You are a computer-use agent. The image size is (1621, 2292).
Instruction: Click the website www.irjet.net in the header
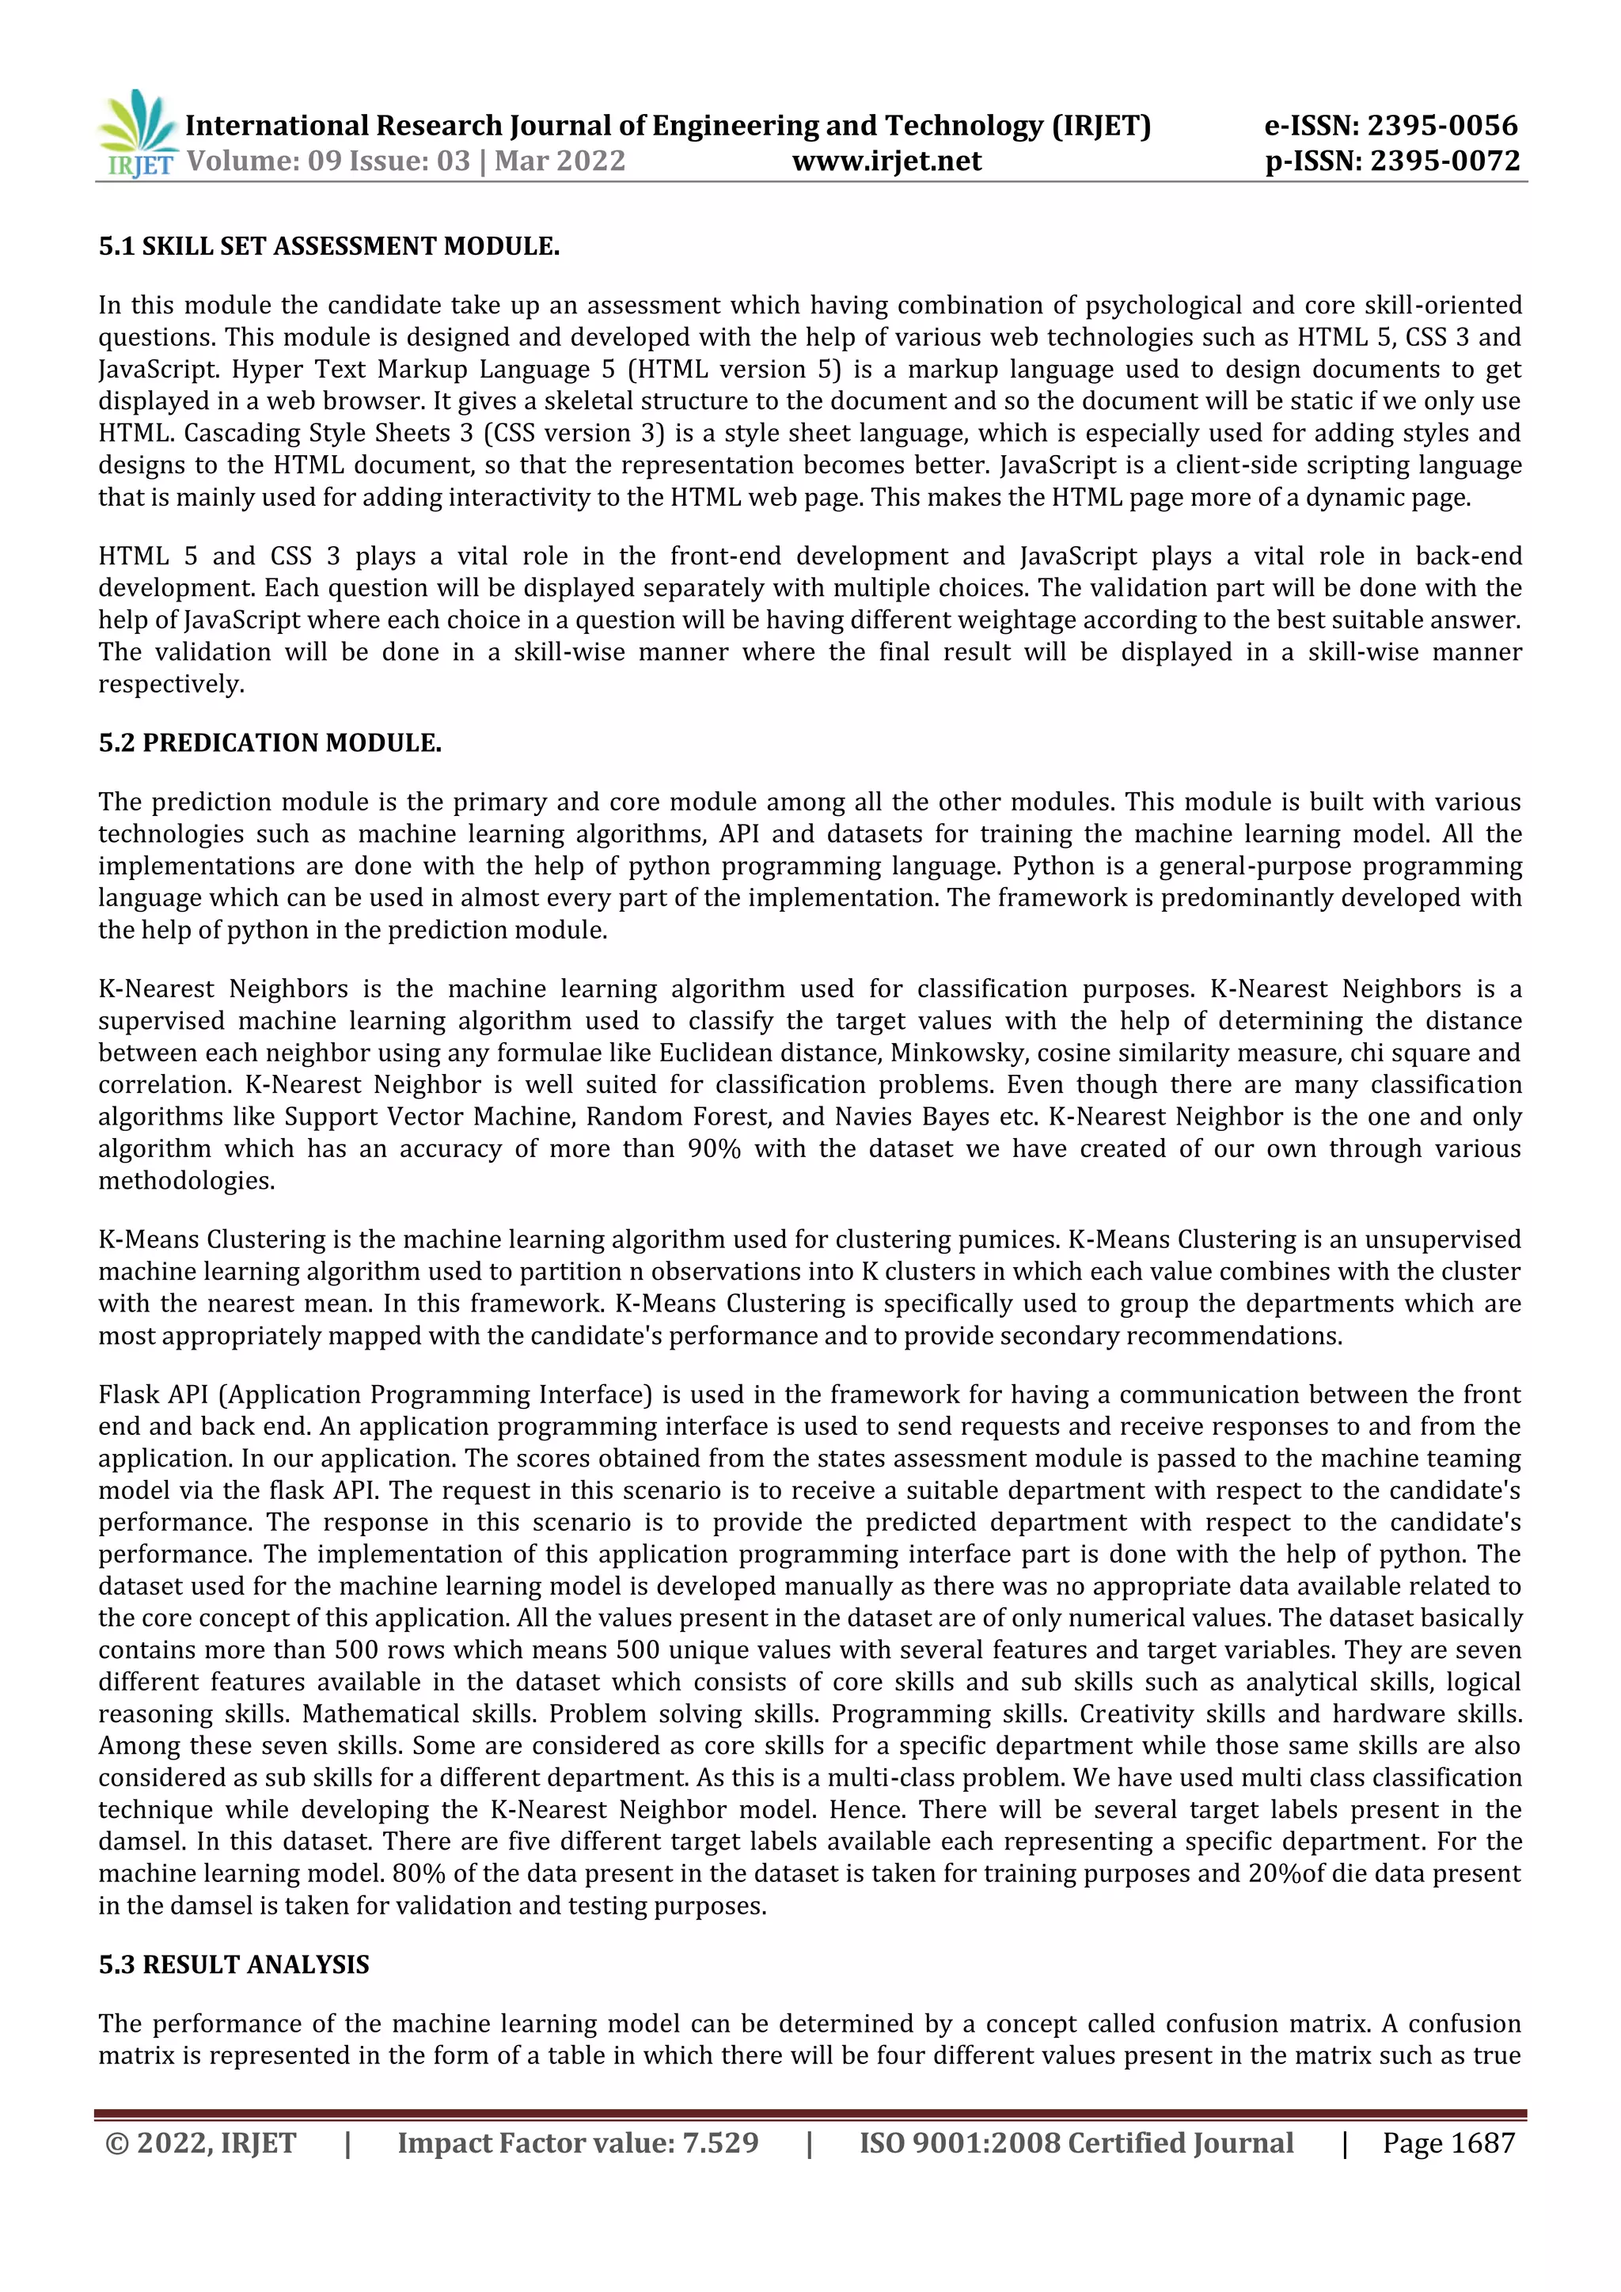(886, 161)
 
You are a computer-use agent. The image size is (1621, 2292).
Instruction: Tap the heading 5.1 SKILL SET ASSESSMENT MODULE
(328, 247)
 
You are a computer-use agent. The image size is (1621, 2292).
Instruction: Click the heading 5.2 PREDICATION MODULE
(269, 742)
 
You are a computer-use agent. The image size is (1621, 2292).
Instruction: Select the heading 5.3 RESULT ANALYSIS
(233, 1964)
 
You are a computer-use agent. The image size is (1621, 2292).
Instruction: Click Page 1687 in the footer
(1448, 2142)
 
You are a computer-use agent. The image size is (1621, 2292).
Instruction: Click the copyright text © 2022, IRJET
(200, 2142)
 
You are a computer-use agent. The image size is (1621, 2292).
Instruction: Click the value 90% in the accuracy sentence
(714, 1149)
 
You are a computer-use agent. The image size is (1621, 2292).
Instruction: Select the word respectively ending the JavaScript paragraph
(171, 685)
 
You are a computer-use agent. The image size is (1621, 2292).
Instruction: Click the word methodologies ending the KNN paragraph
(186, 1181)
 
